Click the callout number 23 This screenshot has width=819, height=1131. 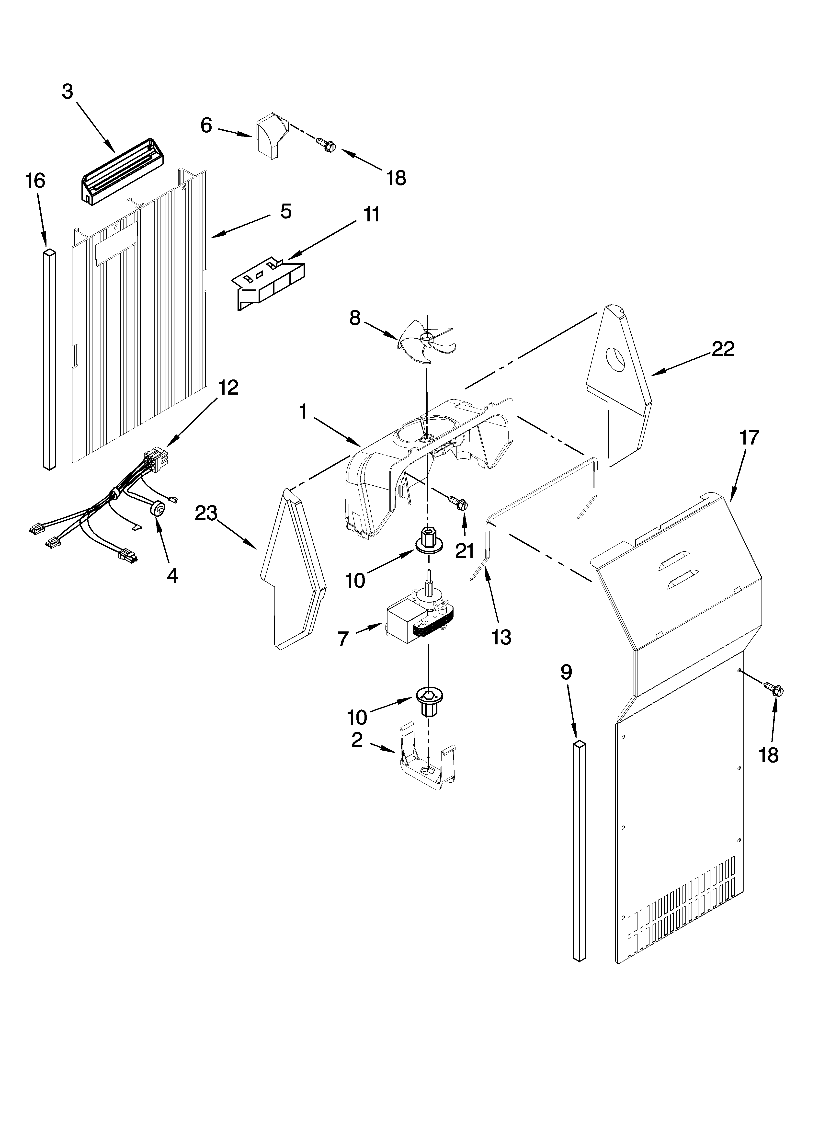(x=206, y=513)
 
